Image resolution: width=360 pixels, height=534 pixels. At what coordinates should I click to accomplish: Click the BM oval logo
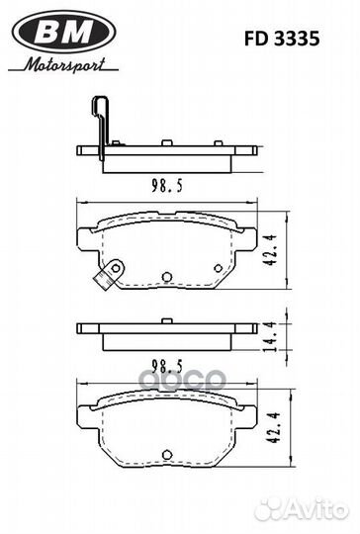point(63,32)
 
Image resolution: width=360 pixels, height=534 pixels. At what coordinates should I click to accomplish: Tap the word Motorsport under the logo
point(64,64)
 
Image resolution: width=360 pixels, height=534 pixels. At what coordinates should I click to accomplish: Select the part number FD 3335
point(282,39)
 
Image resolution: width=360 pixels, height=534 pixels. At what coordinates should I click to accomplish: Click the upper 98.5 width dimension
point(167,186)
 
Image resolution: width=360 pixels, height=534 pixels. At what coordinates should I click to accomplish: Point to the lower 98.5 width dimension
point(167,367)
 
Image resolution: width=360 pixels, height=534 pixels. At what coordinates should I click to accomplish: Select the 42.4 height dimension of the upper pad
point(270,250)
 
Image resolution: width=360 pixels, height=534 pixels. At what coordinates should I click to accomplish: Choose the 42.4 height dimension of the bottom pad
point(273,427)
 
